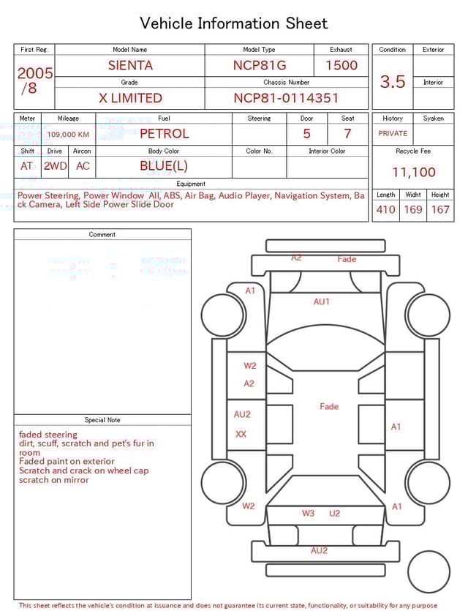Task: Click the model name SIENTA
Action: point(130,65)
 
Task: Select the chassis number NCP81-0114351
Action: point(286,98)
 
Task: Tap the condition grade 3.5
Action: point(393,82)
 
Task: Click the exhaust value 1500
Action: point(341,65)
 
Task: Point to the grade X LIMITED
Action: point(130,98)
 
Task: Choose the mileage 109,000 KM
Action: point(68,135)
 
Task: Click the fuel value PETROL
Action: point(164,134)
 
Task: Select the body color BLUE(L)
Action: point(164,166)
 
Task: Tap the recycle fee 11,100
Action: point(413,173)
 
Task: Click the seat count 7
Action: point(347,134)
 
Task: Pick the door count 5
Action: point(306,134)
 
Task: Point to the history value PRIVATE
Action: point(393,134)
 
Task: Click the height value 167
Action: point(440,210)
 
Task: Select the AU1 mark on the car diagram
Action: point(322,301)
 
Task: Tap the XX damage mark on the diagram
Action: point(241,434)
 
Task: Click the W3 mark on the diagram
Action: point(309,514)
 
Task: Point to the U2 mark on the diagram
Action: point(334,514)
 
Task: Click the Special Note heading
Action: point(102,420)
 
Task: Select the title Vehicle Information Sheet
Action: point(234,23)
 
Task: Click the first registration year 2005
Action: point(34,73)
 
